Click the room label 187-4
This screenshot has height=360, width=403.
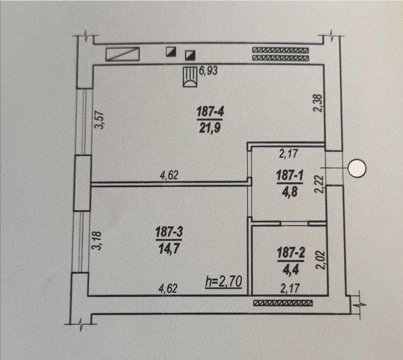point(210,112)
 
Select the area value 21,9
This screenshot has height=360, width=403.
point(210,128)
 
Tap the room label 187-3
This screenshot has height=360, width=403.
point(169,232)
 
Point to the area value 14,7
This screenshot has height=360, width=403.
point(169,248)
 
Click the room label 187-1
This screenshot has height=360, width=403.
point(290,176)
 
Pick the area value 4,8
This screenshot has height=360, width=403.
point(290,191)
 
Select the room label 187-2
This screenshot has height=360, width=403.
point(291,253)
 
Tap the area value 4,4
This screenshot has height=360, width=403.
point(291,269)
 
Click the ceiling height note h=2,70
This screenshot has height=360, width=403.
point(224,282)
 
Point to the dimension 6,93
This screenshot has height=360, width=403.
point(209,70)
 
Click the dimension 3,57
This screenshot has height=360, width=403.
point(100,120)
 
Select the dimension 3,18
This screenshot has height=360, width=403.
point(97,241)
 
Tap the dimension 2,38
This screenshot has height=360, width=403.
point(318,103)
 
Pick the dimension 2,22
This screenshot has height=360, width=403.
point(319,184)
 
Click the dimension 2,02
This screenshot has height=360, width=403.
point(320,260)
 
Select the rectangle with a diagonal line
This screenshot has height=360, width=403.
point(122,54)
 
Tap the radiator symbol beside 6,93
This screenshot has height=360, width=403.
point(190,77)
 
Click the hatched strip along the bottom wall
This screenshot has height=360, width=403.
point(283,303)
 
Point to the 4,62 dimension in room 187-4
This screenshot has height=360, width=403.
point(169,176)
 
